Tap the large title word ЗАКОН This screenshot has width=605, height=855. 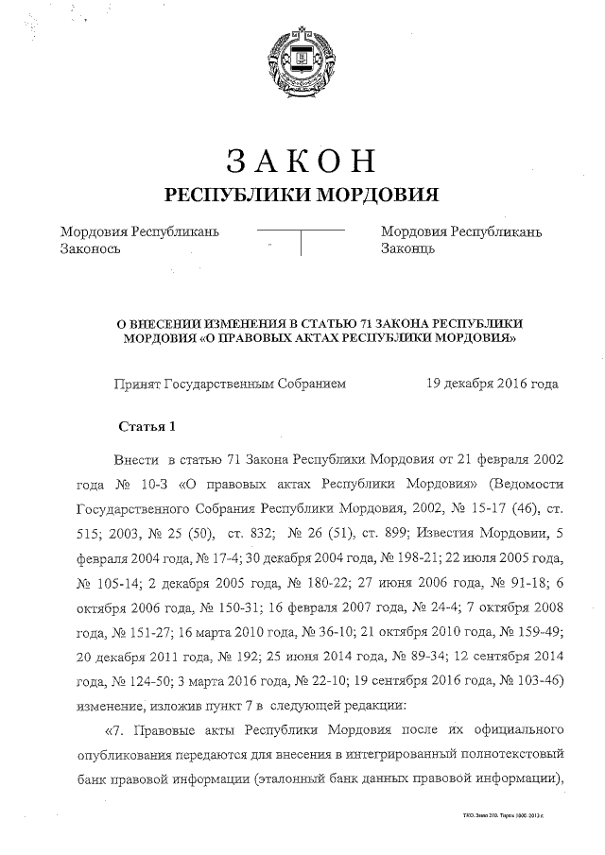click(x=302, y=162)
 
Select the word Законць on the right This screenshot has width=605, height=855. click(x=407, y=249)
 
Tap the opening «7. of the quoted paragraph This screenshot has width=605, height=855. click(x=124, y=730)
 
